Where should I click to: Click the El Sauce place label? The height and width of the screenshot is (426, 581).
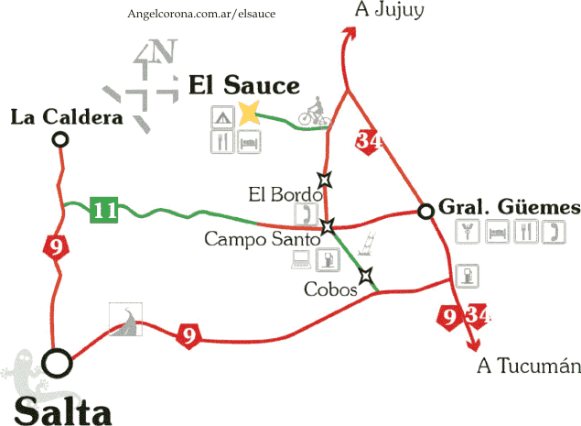coord(244,85)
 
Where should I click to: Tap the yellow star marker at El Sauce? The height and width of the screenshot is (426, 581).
coord(249,115)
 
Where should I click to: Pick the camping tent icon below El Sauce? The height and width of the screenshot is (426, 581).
coord(221,116)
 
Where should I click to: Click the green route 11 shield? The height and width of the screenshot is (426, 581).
coord(104,211)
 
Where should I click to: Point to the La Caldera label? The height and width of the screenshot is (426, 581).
coord(67,117)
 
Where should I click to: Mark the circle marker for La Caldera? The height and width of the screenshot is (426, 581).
coord(60,139)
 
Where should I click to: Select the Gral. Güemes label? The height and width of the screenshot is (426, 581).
coord(509,207)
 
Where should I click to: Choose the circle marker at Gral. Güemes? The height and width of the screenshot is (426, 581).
coord(425,212)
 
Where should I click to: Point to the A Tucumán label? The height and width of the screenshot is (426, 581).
coord(529,366)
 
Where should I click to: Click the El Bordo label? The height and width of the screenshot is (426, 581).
coord(285,194)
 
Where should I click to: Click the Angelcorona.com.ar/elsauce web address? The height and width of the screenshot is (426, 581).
coord(203,15)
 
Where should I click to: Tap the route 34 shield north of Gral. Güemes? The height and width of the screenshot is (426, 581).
coord(369,141)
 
